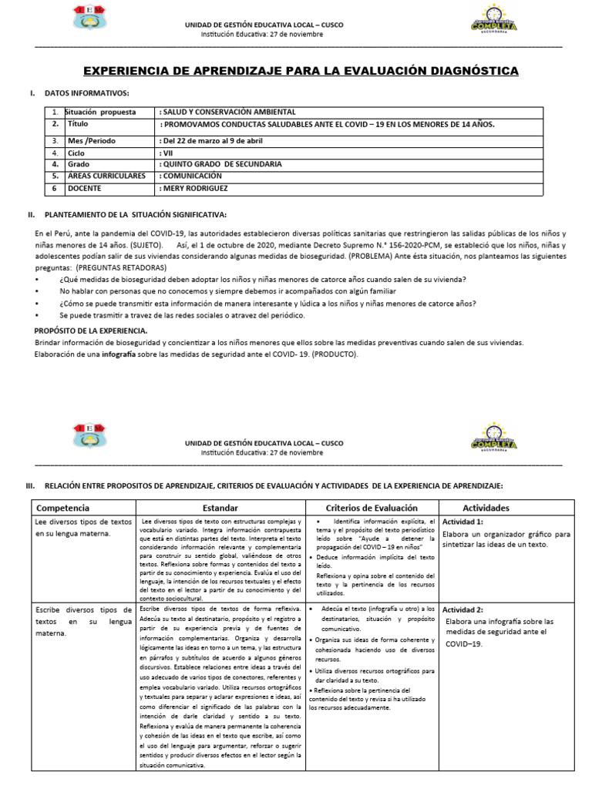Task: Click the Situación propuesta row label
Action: point(101,112)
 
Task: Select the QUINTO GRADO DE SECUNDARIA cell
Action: point(221,164)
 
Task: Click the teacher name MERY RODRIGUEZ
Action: point(197,187)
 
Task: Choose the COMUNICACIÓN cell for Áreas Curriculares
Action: point(197,176)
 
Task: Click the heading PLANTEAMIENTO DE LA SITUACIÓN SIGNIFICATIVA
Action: point(136,214)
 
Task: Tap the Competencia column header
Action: point(63,509)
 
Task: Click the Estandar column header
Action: point(220,509)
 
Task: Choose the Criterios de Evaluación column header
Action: point(372,509)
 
